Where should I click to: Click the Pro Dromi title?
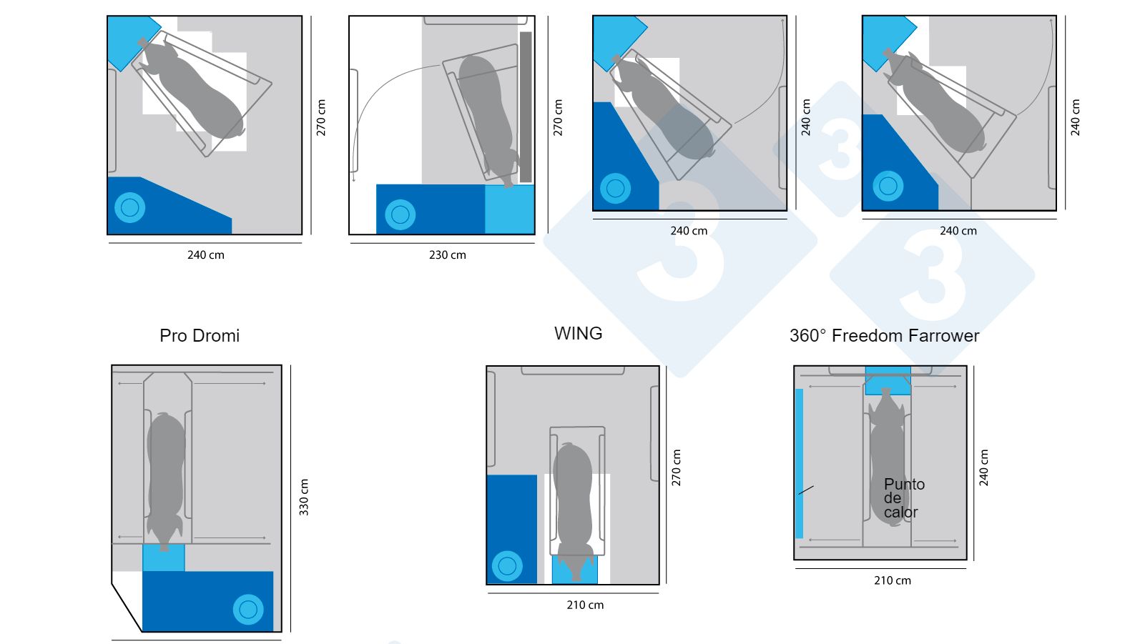(x=200, y=336)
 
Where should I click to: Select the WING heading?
(x=578, y=334)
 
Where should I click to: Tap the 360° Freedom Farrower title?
(x=884, y=336)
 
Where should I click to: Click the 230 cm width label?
(x=447, y=255)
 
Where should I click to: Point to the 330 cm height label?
(x=304, y=497)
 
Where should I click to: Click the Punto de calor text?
(x=903, y=498)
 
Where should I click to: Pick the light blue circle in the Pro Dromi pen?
(x=248, y=610)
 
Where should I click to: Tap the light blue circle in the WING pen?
(x=507, y=566)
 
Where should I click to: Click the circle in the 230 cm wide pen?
(x=400, y=214)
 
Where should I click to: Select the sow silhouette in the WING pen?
(x=573, y=500)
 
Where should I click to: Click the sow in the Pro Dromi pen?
(x=166, y=475)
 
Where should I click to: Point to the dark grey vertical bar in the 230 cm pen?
(x=526, y=107)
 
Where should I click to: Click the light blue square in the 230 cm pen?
(x=509, y=209)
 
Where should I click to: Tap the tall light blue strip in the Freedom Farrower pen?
(x=799, y=463)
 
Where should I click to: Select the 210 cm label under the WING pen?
(x=585, y=605)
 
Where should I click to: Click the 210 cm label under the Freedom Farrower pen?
(x=892, y=581)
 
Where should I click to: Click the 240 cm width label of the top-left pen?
(x=205, y=255)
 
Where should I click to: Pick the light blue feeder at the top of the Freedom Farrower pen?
(x=888, y=380)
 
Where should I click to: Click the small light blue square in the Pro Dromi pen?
(x=163, y=558)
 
